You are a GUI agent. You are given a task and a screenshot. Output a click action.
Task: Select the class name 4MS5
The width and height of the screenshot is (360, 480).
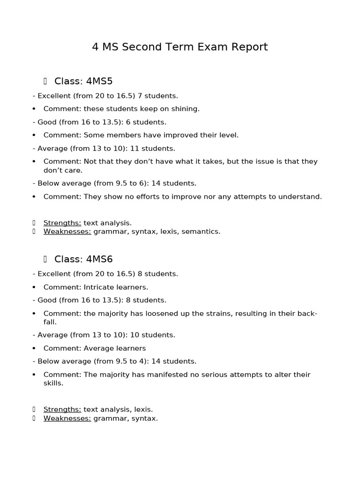coord(99,81)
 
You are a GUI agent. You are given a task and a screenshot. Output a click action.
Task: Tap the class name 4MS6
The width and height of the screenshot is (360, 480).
coord(99,259)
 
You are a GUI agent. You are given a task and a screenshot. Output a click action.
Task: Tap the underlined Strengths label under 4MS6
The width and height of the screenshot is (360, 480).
coord(62,409)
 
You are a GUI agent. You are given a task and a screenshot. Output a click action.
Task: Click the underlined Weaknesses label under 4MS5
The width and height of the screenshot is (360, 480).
coord(67,232)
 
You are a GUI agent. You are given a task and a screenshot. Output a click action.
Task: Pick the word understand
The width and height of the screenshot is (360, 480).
coord(300,196)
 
